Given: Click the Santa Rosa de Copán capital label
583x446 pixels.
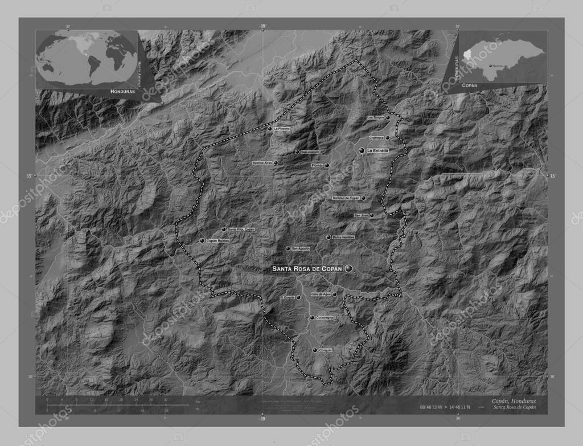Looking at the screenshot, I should click(307, 268).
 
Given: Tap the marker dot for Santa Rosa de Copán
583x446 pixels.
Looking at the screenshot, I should click(348, 268).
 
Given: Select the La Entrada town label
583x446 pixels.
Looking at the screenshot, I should click(377, 150).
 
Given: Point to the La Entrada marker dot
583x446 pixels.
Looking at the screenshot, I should click(362, 150).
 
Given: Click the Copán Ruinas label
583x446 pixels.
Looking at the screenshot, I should click(217, 241).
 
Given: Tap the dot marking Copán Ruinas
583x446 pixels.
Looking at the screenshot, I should click(202, 241).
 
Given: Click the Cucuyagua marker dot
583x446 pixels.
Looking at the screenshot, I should click(311, 317).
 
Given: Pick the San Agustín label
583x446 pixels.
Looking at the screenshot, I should click(301, 249).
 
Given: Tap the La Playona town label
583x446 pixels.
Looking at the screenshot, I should click(282, 129).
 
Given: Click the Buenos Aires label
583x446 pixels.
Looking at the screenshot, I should click(262, 163).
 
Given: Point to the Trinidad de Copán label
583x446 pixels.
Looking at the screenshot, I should click(347, 198).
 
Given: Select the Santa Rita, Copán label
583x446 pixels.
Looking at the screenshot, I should click(241, 230).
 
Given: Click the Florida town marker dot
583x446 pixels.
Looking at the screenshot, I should click(327, 166).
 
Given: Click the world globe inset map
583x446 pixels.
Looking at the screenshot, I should click(88, 58).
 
